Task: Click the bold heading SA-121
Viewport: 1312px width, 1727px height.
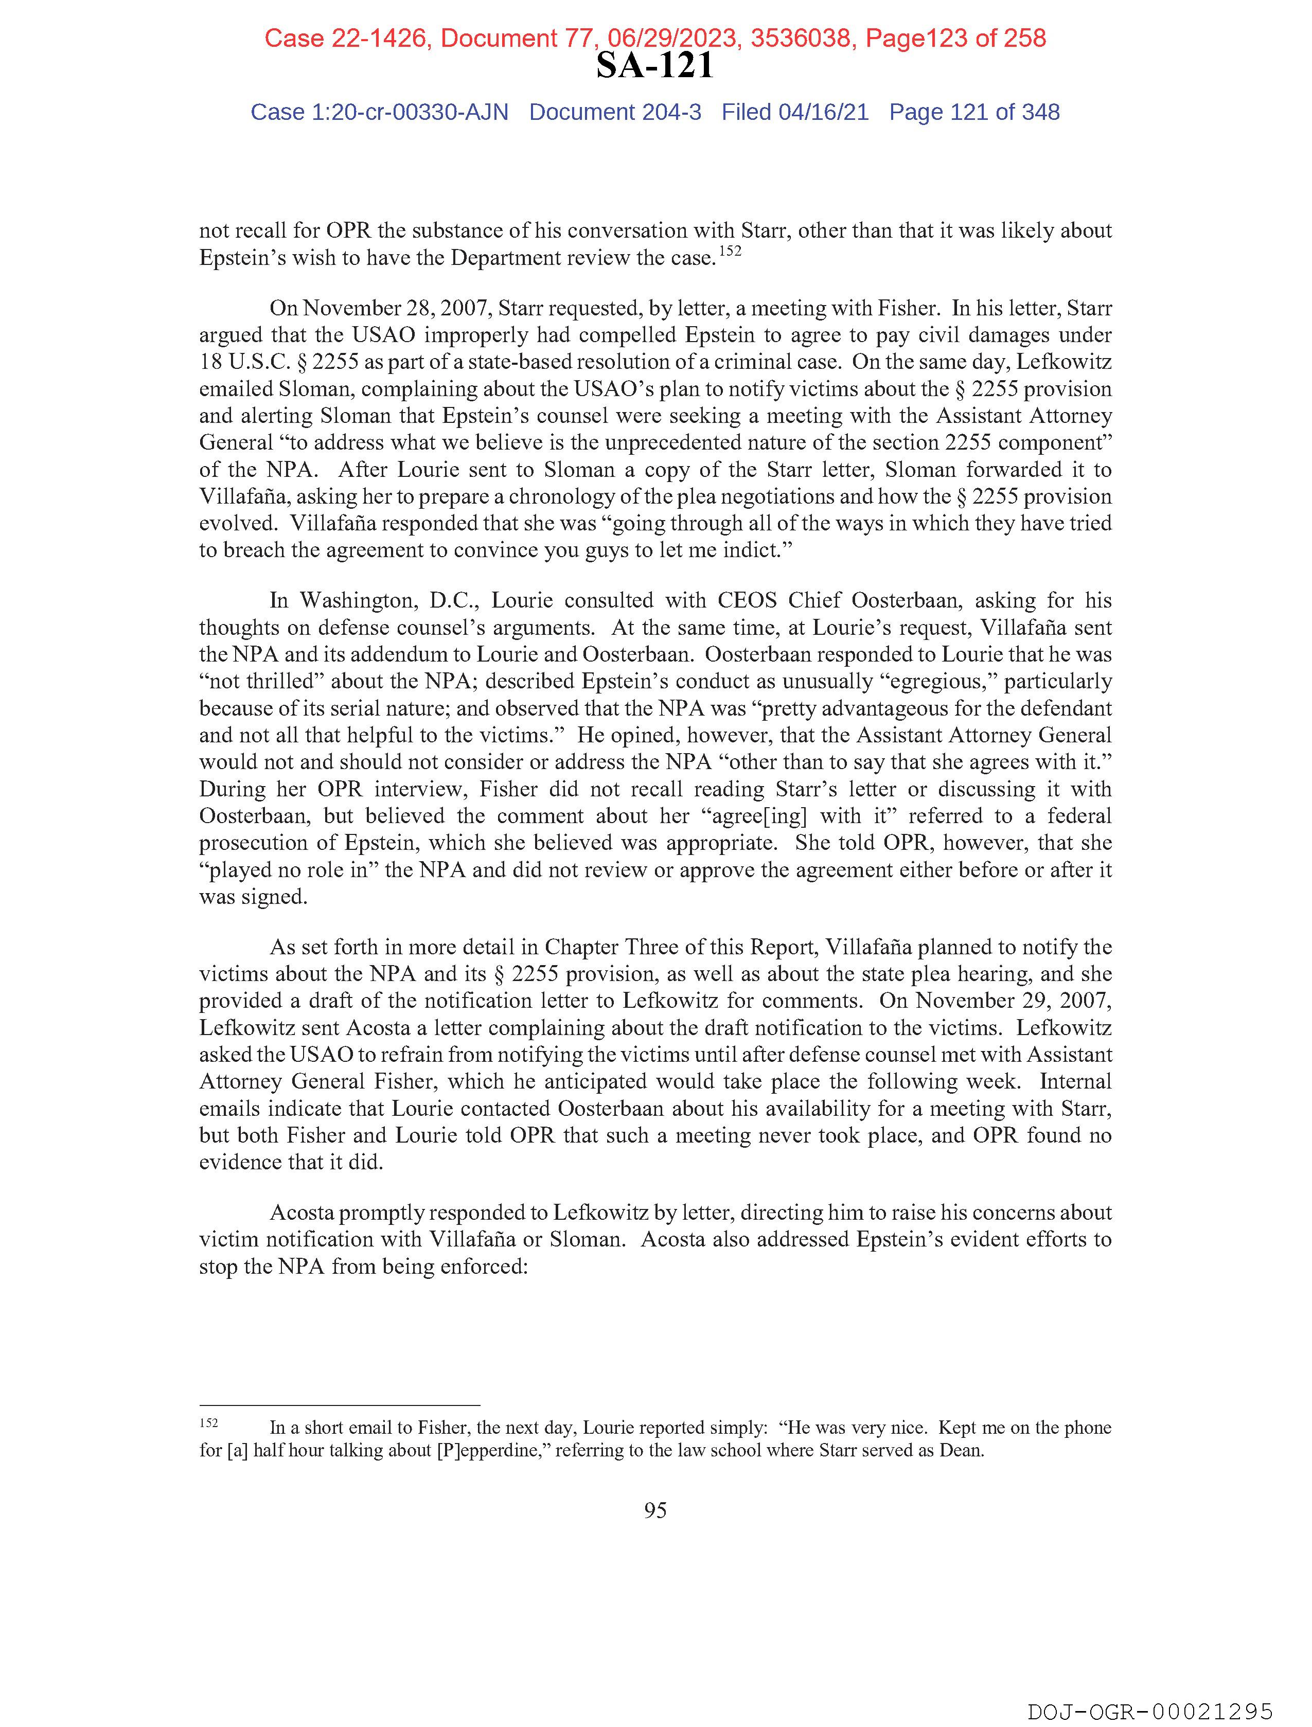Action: tap(654, 65)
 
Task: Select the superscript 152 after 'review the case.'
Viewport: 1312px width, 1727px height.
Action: tap(730, 252)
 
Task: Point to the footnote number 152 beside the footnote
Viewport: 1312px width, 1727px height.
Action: tap(208, 1423)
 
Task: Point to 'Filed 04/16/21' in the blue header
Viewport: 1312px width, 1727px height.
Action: tap(794, 113)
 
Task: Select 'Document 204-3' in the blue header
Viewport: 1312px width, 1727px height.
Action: tap(615, 113)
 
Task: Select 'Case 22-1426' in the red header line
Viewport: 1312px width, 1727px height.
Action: tap(345, 38)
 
